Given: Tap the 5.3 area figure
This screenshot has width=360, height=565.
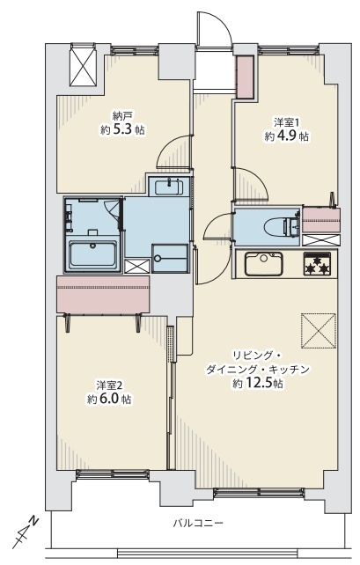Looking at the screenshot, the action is [125, 129].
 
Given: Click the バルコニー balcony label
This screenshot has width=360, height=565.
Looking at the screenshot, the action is [198, 523].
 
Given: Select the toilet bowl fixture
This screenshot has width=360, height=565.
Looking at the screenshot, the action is [282, 227].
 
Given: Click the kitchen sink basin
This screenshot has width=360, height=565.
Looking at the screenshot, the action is [263, 263].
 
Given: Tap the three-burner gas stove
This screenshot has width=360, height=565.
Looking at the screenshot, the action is [317, 264].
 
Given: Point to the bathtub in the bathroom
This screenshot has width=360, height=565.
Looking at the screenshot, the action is [93, 256].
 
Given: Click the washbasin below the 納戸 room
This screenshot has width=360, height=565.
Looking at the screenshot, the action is [169, 187].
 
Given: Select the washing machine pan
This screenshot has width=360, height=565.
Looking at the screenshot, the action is [170, 258].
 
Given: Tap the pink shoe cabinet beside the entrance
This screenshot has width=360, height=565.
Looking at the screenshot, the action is [245, 77].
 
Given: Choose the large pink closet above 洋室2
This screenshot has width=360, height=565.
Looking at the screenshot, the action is [103, 295].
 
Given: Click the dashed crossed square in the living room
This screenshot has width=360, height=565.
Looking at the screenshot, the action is [319, 331].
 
